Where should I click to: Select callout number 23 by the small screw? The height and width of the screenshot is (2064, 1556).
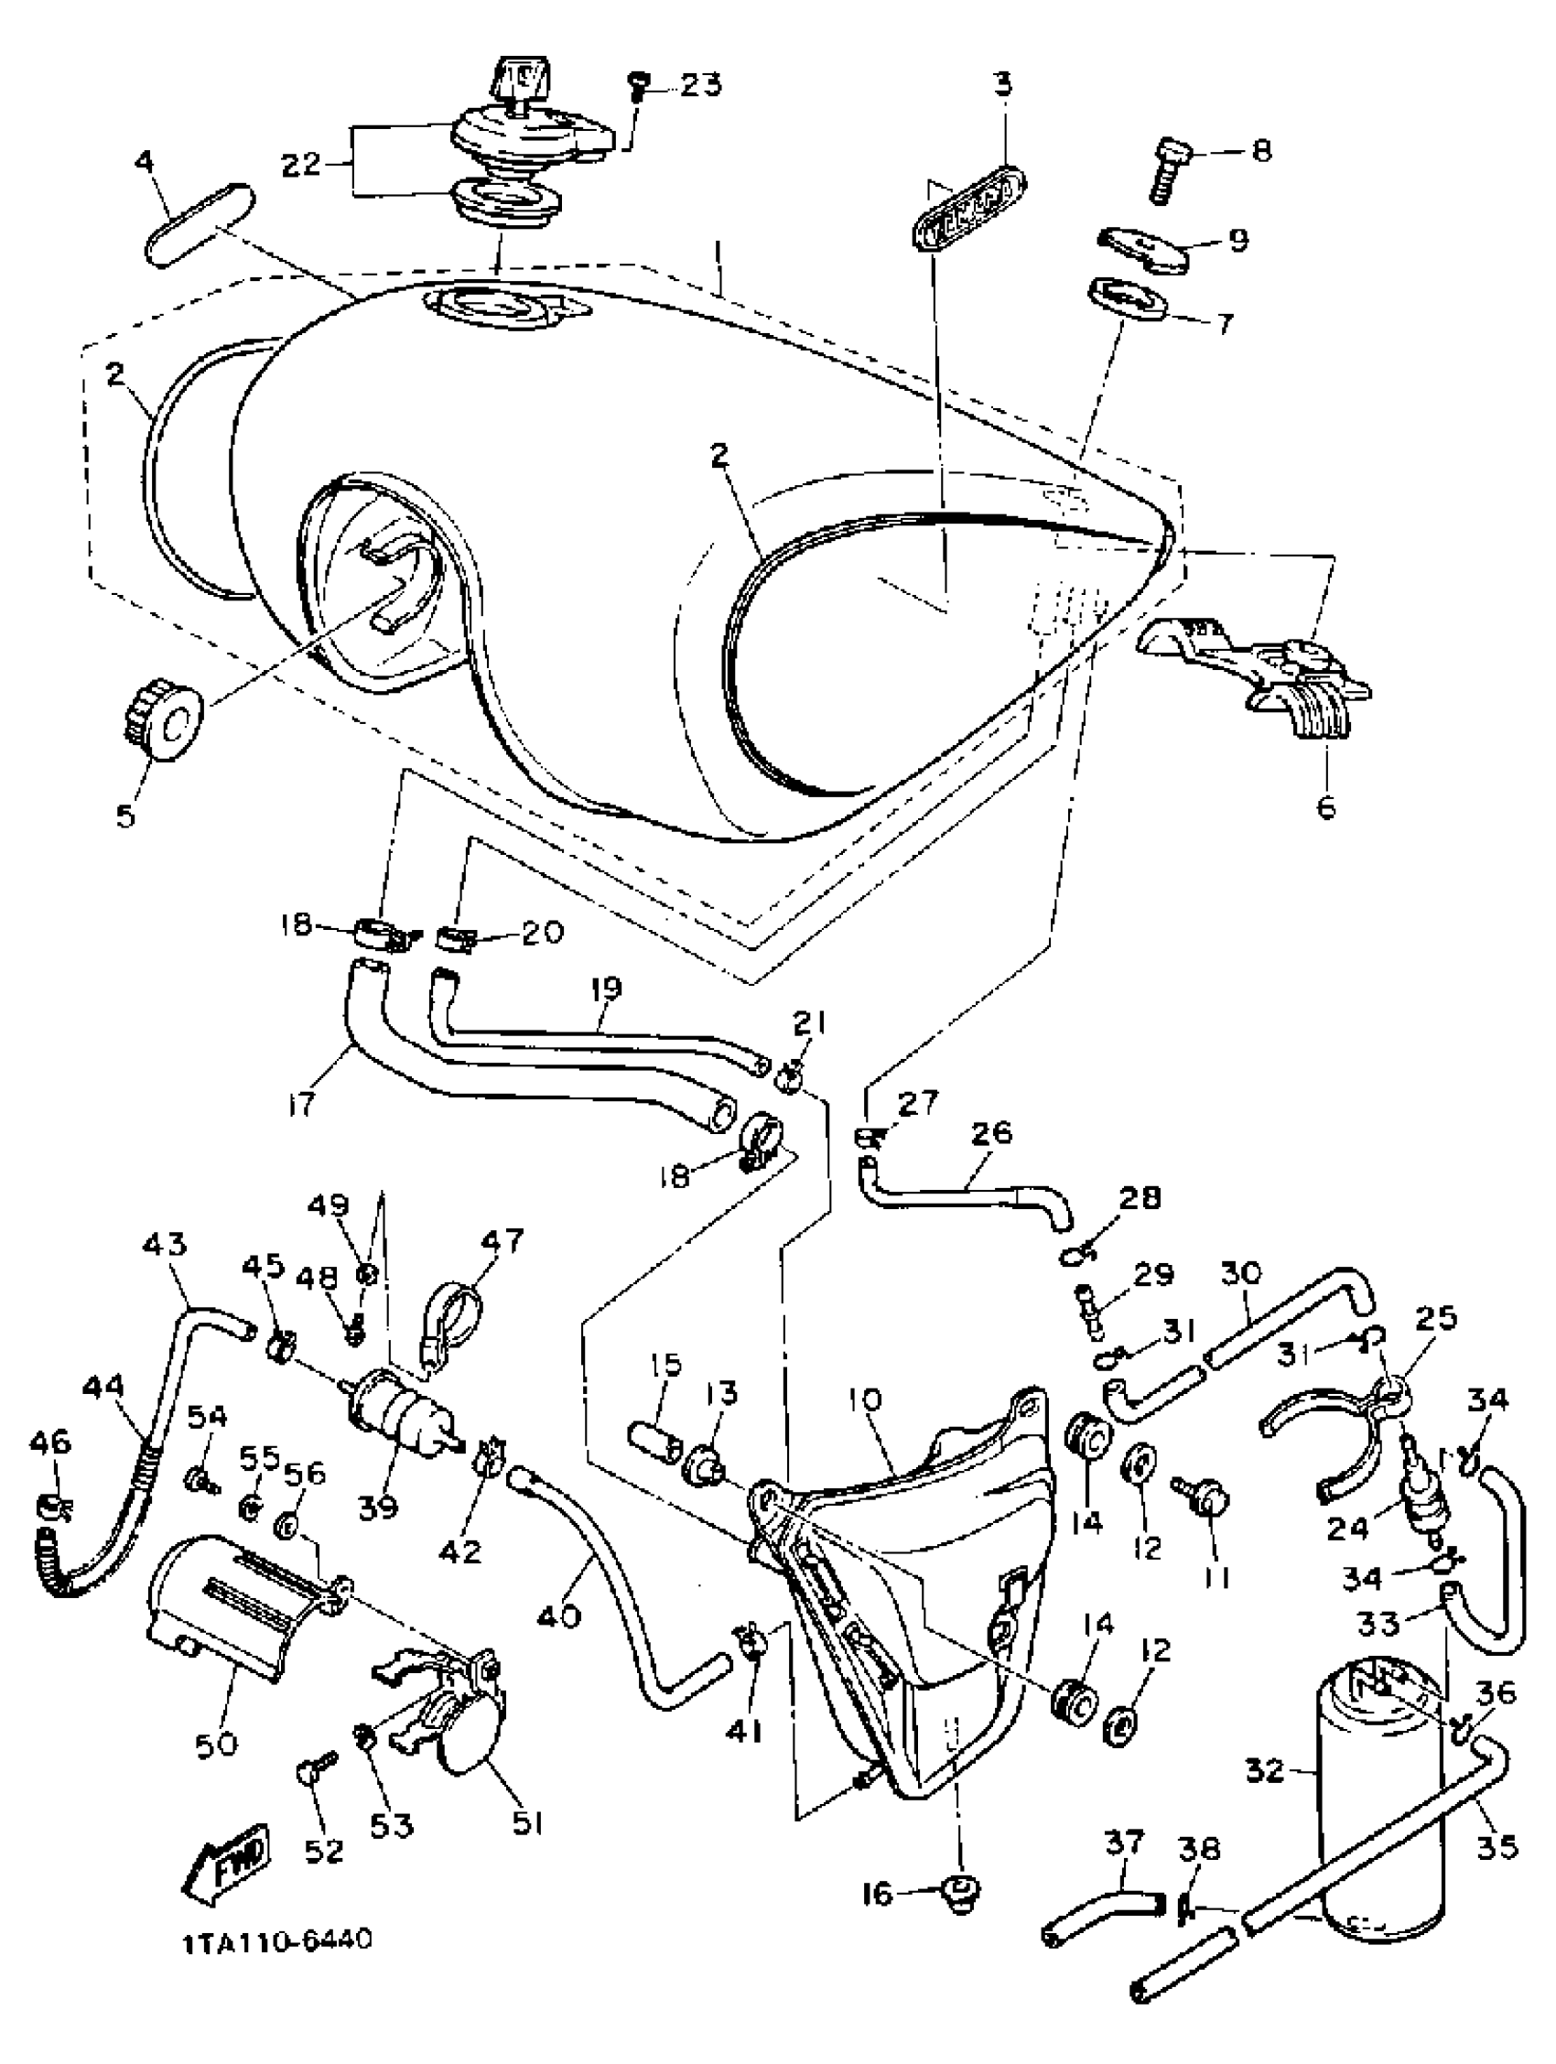tap(700, 86)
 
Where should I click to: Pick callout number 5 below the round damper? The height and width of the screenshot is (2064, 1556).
tap(125, 814)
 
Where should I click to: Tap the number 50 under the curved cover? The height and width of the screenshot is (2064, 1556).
tap(216, 1743)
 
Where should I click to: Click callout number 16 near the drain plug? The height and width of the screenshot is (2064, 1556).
tap(878, 1893)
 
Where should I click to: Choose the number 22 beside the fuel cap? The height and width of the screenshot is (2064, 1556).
tap(301, 165)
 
